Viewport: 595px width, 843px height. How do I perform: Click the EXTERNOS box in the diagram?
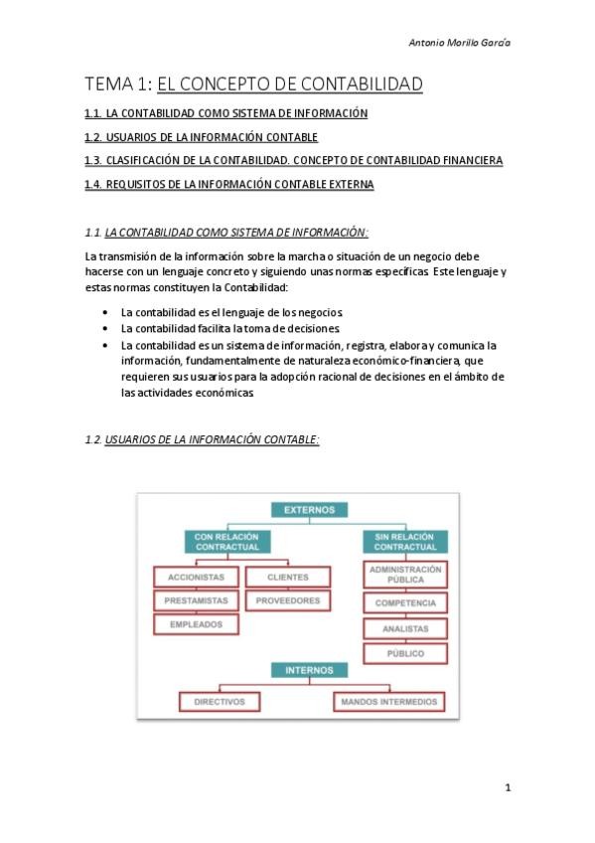pyautogui.click(x=310, y=510)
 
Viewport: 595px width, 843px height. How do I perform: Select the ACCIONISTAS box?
pyautogui.click(x=196, y=578)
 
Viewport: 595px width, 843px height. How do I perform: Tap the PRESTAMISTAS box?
pyautogui.click(x=196, y=601)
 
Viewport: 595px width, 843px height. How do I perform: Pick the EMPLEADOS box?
pyautogui.click(x=196, y=625)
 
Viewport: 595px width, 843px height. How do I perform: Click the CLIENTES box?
pyautogui.click(x=288, y=578)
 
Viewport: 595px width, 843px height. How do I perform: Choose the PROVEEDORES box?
pyautogui.click(x=288, y=601)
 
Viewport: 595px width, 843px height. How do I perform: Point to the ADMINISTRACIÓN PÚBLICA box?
pyautogui.click(x=405, y=575)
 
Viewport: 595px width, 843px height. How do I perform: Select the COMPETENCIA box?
pyautogui.click(x=405, y=603)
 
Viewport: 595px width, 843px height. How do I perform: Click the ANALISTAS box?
pyautogui.click(x=405, y=628)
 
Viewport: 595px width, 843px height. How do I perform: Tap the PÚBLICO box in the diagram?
pyautogui.click(x=405, y=653)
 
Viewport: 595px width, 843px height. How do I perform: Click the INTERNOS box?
pyautogui.click(x=310, y=671)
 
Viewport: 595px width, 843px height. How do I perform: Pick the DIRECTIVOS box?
pyautogui.click(x=220, y=702)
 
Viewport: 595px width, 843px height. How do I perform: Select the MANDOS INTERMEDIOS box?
pyautogui.click(x=389, y=702)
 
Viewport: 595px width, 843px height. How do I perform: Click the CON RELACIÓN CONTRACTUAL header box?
pyautogui.click(x=226, y=542)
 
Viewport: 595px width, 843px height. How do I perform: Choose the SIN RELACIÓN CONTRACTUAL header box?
pyautogui.click(x=405, y=542)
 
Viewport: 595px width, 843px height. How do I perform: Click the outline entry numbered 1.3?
pyautogui.click(x=293, y=160)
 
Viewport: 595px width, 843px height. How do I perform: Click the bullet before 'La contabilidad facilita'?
pyautogui.click(x=105, y=328)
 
